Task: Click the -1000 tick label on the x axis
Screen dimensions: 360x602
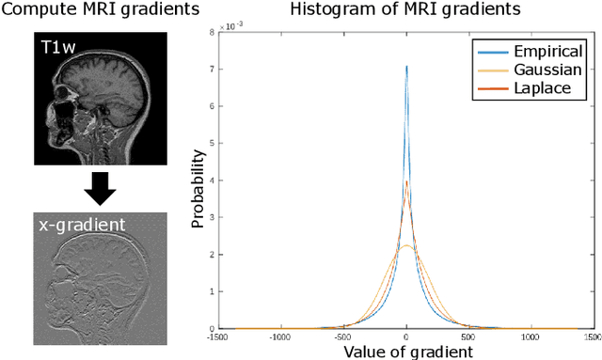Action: coord(280,336)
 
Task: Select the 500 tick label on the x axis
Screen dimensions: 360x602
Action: coord(468,336)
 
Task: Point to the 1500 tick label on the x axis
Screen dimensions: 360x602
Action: coord(592,336)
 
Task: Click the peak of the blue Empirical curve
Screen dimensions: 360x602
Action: coord(406,67)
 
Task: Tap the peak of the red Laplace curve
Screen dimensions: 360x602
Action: coord(406,181)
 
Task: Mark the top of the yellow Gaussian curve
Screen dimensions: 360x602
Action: coord(405,245)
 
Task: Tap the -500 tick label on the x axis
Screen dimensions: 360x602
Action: coord(343,336)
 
